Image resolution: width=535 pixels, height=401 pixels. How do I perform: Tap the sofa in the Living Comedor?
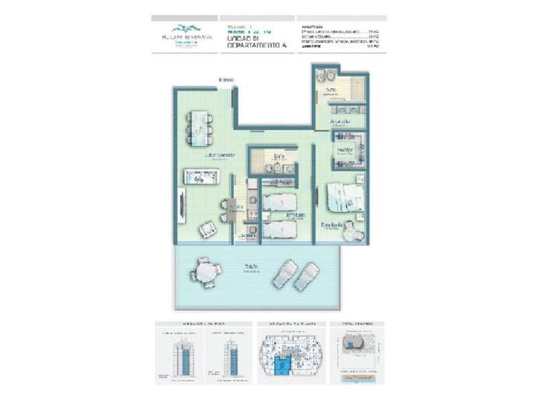(202, 177)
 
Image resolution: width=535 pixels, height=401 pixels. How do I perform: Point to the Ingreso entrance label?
(226, 79)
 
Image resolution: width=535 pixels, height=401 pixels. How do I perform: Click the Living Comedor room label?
(221, 155)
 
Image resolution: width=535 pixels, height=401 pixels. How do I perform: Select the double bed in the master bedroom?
(343, 197)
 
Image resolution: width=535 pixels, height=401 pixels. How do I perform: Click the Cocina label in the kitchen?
(236, 206)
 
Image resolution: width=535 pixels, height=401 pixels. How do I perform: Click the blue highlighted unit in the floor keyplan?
(282, 364)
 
